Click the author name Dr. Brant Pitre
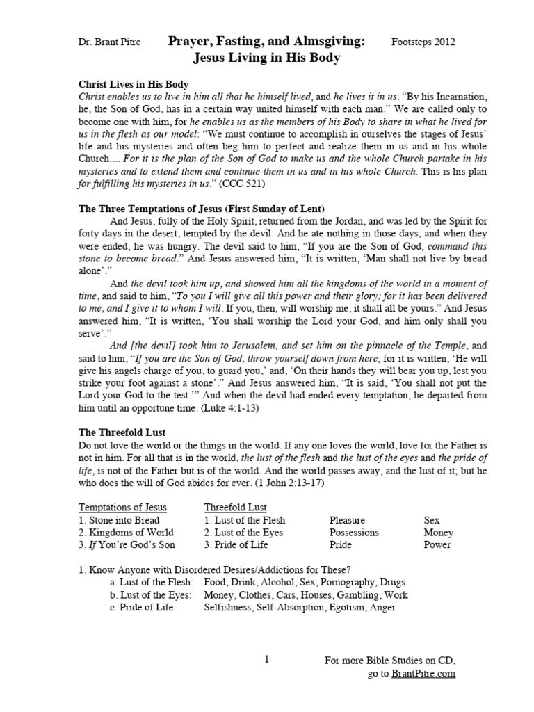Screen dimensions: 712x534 (x=111, y=43)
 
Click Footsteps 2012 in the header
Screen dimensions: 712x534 (x=424, y=43)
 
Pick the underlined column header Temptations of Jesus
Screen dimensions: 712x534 (x=122, y=507)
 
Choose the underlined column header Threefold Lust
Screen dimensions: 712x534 (x=235, y=507)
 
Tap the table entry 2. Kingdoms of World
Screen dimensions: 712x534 (x=124, y=533)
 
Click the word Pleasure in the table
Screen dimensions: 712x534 (x=348, y=520)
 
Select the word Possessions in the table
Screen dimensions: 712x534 (x=354, y=533)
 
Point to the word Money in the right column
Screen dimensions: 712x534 (x=438, y=533)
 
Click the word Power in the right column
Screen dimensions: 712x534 (x=437, y=545)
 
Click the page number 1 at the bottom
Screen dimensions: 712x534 (x=267, y=660)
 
